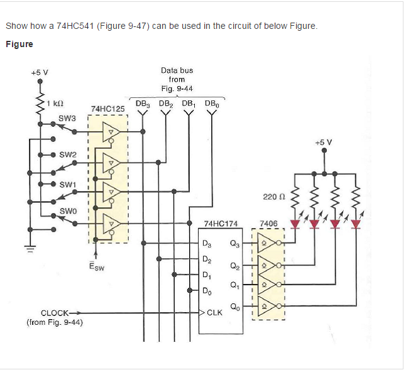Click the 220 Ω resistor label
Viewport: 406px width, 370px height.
pyautogui.click(x=271, y=197)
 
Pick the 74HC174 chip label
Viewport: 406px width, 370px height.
pyautogui.click(x=221, y=224)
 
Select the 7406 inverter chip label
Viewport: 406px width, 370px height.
pyautogui.click(x=268, y=224)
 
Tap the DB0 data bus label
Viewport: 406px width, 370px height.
pyautogui.click(x=212, y=103)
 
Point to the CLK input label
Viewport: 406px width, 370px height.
pyautogui.click(x=214, y=312)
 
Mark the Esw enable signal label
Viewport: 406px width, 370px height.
pyautogui.click(x=96, y=266)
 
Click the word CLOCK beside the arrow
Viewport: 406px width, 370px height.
pyautogui.click(x=55, y=313)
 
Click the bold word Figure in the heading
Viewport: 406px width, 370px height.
pyautogui.click(x=19, y=44)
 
